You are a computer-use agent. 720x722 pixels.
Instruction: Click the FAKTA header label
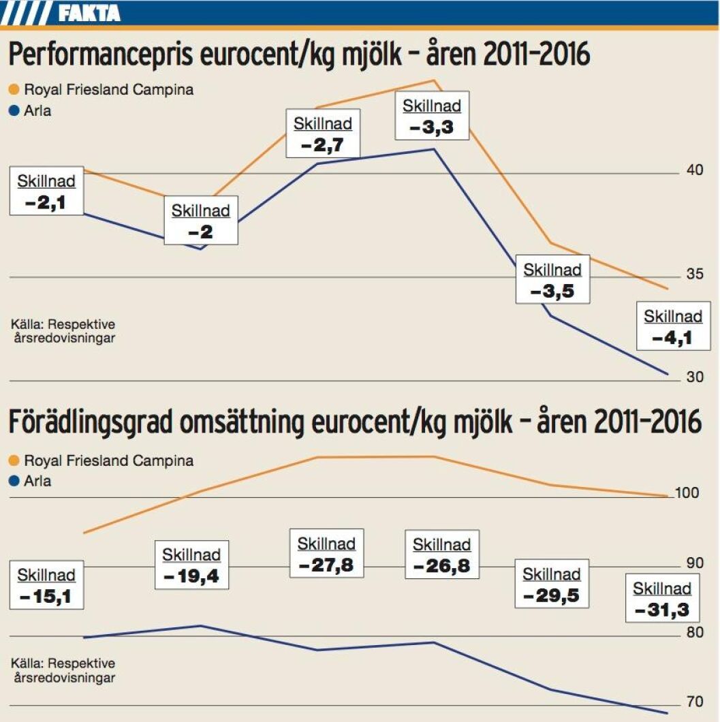click(x=89, y=12)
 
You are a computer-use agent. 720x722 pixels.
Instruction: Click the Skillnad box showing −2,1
click(x=46, y=191)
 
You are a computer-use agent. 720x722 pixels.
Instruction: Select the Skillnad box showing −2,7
click(x=323, y=134)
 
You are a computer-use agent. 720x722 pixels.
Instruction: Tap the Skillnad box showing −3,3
click(x=432, y=116)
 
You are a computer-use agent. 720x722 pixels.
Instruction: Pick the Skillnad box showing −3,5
click(x=552, y=280)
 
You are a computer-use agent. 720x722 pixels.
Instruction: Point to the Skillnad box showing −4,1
click(x=673, y=327)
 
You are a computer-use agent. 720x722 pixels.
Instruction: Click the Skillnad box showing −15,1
click(x=46, y=586)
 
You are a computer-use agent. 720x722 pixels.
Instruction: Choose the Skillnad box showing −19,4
click(x=191, y=565)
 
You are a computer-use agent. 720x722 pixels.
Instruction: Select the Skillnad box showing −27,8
click(x=326, y=554)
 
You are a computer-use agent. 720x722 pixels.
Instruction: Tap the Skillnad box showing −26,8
click(x=441, y=555)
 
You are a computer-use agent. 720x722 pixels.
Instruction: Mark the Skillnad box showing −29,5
click(x=552, y=584)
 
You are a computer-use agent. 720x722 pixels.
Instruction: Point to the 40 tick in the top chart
click(x=694, y=170)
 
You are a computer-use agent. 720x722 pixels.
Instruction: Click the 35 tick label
click(x=694, y=274)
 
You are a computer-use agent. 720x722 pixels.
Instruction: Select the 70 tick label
click(x=694, y=702)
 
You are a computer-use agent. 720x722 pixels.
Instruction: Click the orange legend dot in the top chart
click(x=14, y=89)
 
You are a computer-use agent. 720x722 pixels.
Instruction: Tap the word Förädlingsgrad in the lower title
click(x=92, y=422)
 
